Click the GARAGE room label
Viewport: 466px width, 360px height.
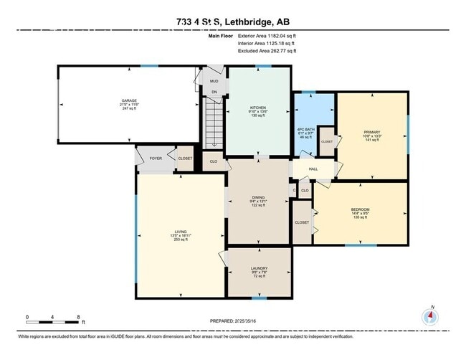point(130,100)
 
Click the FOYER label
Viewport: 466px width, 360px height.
point(155,158)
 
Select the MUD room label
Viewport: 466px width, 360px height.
point(214,82)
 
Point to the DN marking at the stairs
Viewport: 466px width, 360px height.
point(213,93)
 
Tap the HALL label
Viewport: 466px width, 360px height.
point(313,169)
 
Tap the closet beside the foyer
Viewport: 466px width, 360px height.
point(184,158)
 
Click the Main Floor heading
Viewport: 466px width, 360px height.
point(222,34)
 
